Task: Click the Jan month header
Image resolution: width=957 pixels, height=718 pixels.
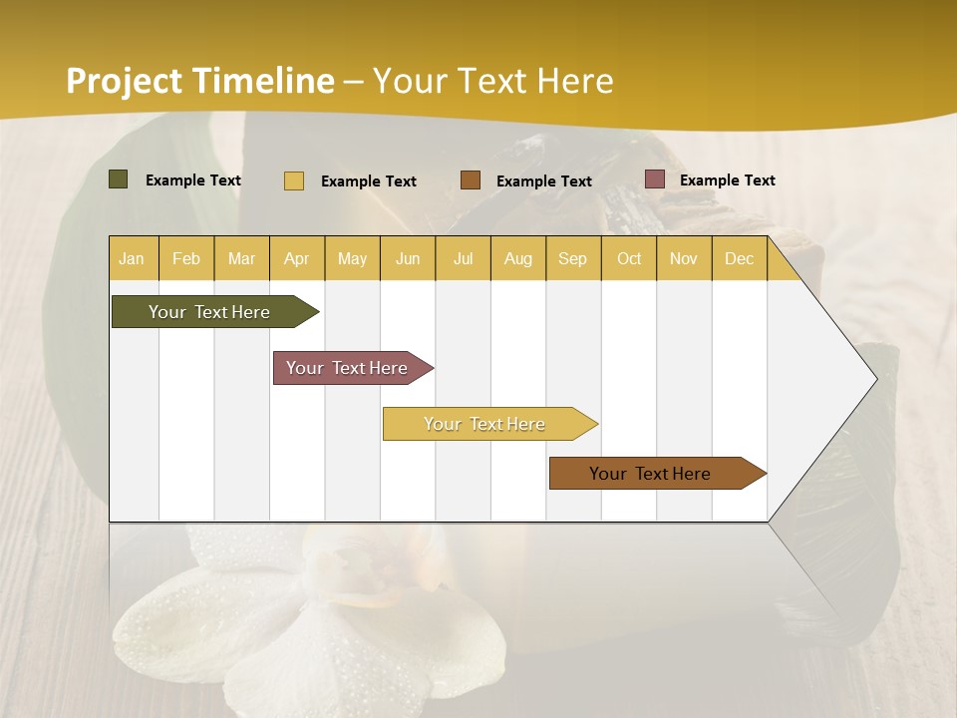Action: click(133, 259)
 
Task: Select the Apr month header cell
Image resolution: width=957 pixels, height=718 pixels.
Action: click(297, 259)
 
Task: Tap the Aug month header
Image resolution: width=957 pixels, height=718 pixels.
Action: click(517, 259)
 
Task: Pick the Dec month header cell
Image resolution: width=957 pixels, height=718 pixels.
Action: click(739, 259)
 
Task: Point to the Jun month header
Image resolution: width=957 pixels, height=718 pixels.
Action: click(408, 259)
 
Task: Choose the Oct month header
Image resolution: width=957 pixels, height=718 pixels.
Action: click(629, 259)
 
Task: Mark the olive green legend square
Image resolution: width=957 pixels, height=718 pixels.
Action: click(119, 179)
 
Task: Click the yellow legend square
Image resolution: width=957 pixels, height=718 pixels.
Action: click(294, 180)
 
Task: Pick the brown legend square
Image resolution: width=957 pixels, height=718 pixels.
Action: click(471, 180)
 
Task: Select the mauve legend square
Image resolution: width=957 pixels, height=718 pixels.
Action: click(655, 179)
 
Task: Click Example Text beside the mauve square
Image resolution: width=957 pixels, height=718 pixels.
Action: click(727, 180)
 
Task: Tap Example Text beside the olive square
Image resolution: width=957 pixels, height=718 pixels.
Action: click(192, 180)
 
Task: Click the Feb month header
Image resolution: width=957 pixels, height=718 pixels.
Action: click(186, 259)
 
